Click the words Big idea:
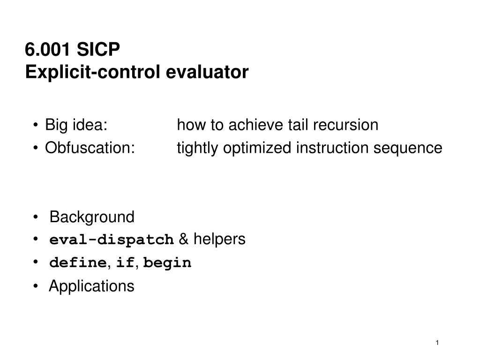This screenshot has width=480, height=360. click(76, 125)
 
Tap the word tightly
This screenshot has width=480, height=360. click(197, 148)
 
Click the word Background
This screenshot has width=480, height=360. click(92, 217)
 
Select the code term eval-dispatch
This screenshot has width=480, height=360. click(112, 240)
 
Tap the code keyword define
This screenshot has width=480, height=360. click(77, 263)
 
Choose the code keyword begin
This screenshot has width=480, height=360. click(167, 263)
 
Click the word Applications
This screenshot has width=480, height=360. click(91, 286)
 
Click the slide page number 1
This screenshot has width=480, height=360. click(437, 343)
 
